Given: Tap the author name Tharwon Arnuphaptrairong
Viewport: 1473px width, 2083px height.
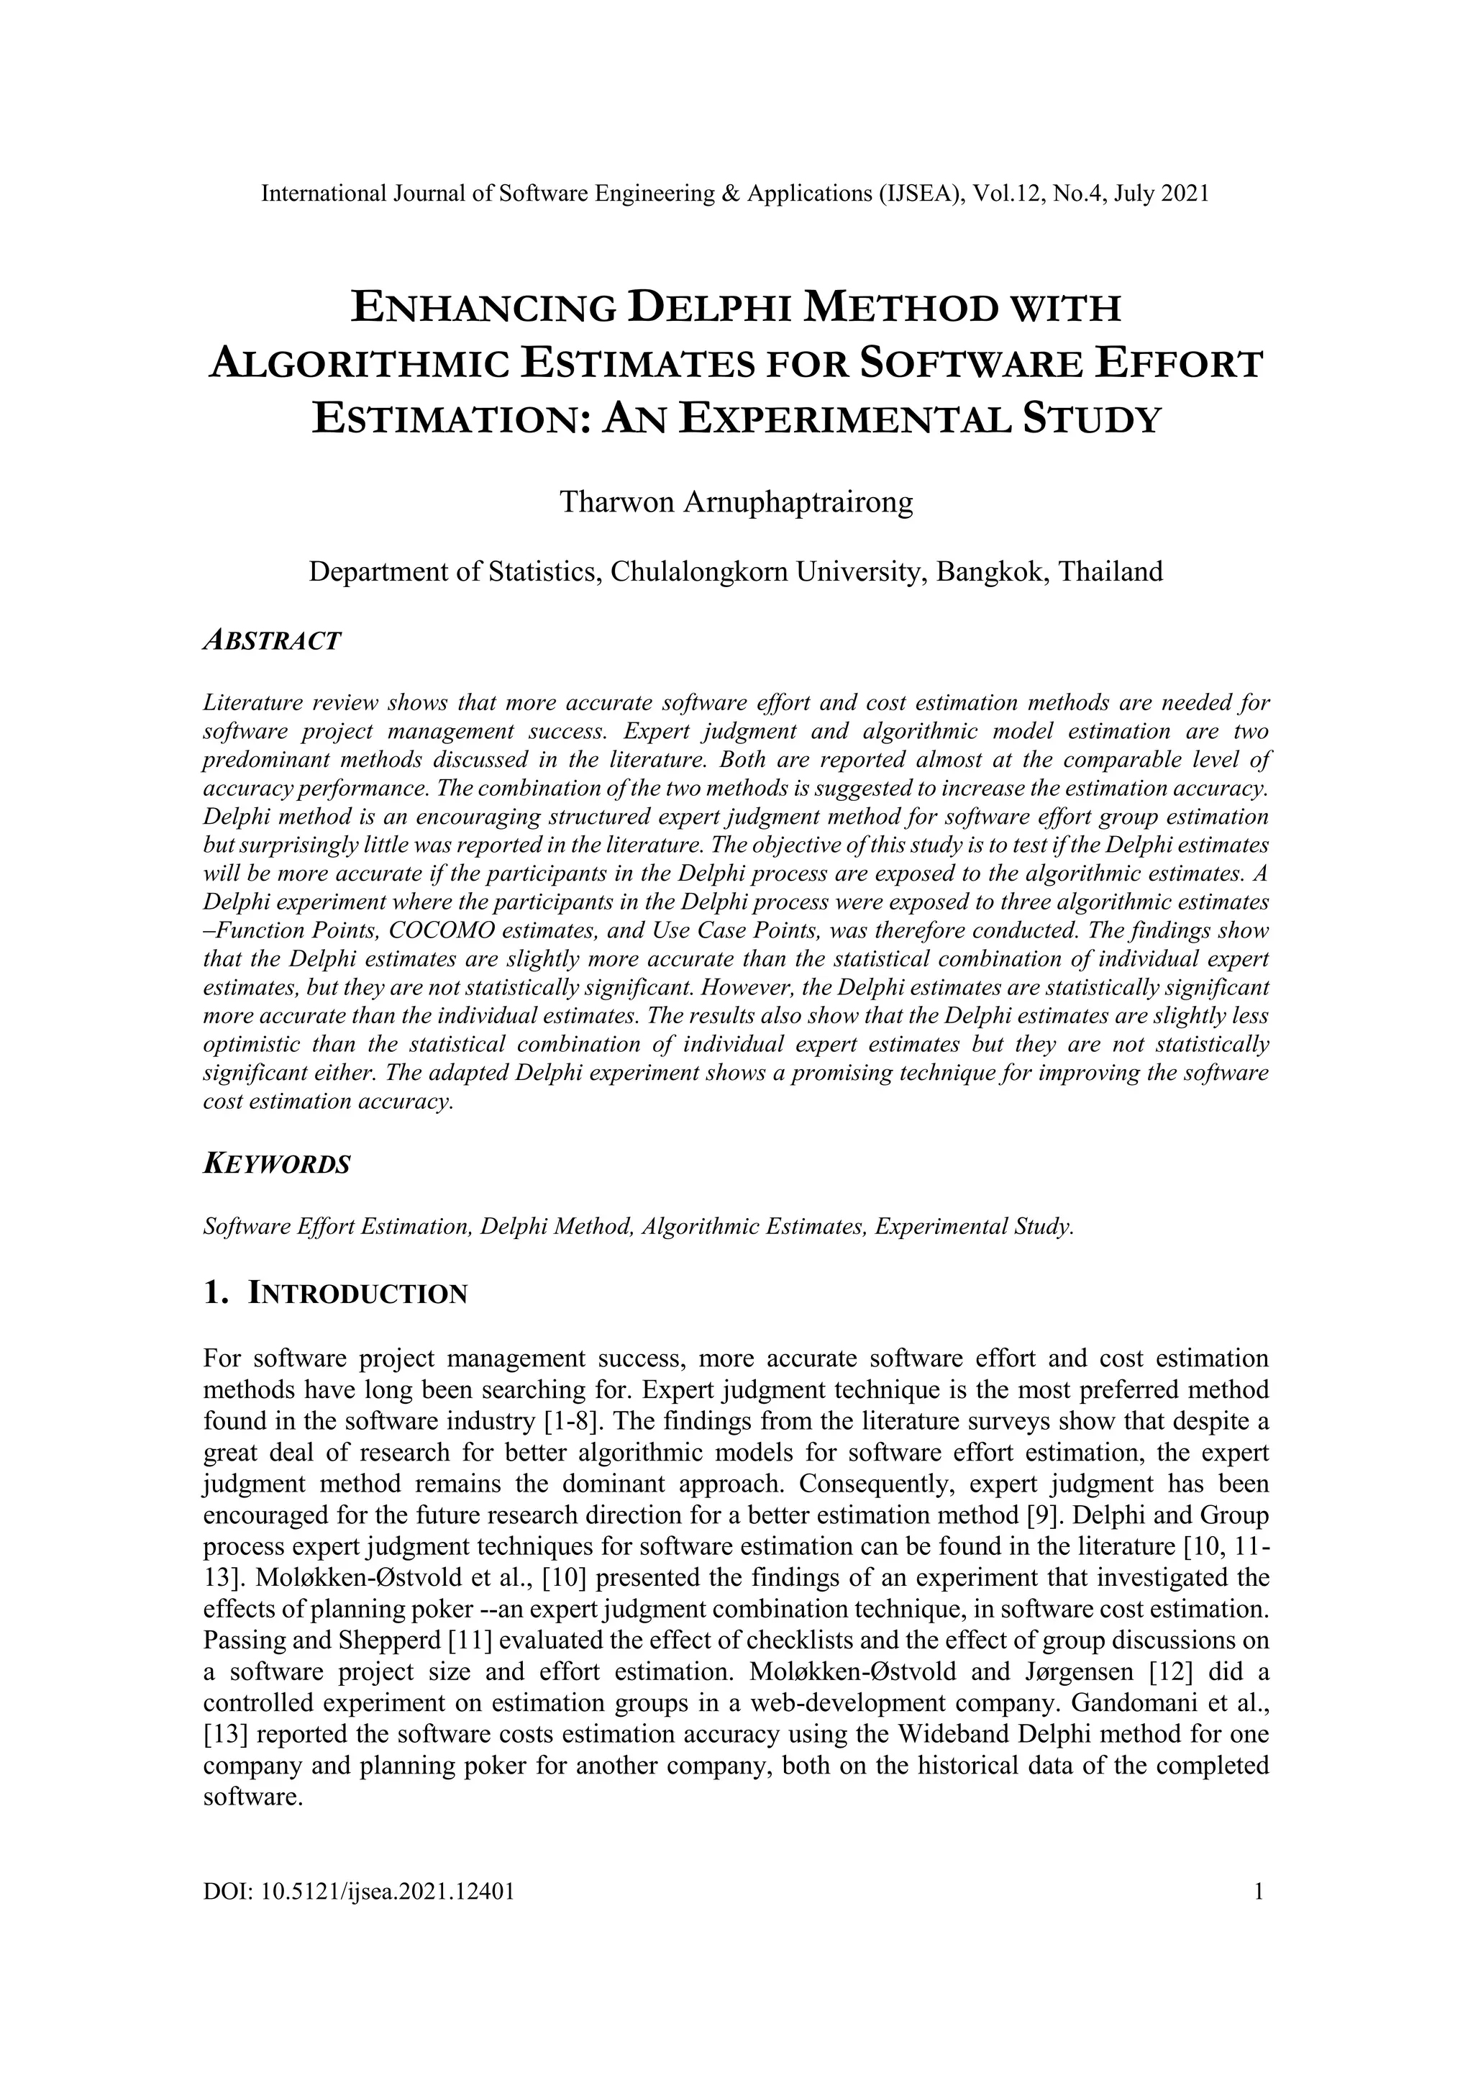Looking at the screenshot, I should [736, 502].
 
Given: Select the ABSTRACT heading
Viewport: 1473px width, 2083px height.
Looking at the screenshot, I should [271, 640].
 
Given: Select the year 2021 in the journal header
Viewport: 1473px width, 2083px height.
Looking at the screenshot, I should [1185, 194].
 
